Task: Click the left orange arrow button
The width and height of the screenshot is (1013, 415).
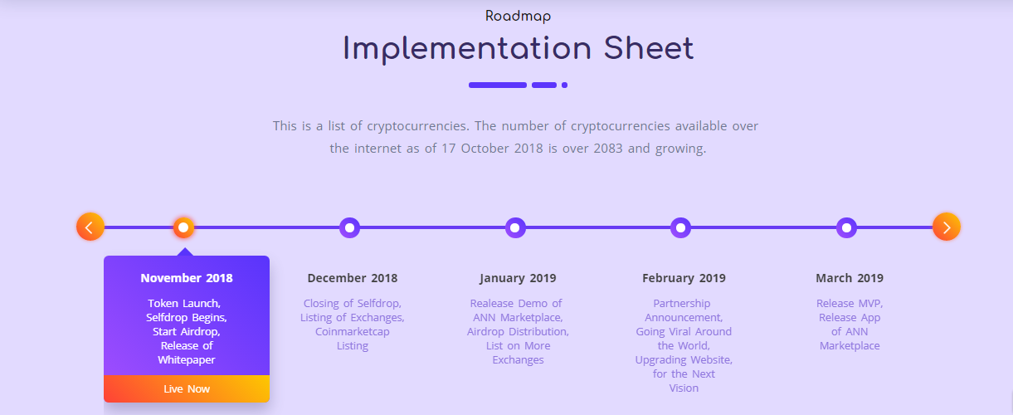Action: coord(90,227)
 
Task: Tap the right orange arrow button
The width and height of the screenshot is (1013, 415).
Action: coord(947,227)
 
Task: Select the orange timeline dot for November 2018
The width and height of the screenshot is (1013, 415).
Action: coord(183,227)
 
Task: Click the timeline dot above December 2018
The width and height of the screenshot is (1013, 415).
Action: coord(349,227)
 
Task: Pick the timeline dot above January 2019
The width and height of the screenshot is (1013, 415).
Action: coord(515,227)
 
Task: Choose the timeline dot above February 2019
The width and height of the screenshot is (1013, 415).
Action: coord(680,227)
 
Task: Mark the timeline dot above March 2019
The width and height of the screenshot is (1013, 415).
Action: coord(846,227)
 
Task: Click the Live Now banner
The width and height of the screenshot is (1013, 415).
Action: coord(187,388)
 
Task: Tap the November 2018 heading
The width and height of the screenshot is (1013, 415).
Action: coord(187,278)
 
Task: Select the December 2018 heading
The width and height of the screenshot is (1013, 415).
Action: coord(353,278)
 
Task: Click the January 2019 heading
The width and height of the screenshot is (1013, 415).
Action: coord(518,278)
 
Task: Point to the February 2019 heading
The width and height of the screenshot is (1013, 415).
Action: coord(684,278)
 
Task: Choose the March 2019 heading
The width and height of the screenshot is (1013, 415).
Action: coord(850,278)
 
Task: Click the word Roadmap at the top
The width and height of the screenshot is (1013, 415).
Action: coord(518,17)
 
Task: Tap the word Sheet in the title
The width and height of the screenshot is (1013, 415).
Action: coord(649,48)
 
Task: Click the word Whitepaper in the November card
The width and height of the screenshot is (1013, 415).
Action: coord(187,360)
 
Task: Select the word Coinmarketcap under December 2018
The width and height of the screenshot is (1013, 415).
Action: coord(353,332)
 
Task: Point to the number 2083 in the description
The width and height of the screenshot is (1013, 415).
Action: coord(608,149)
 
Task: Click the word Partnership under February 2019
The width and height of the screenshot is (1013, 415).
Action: coord(681,304)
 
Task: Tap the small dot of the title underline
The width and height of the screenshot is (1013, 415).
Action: coord(564,85)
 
